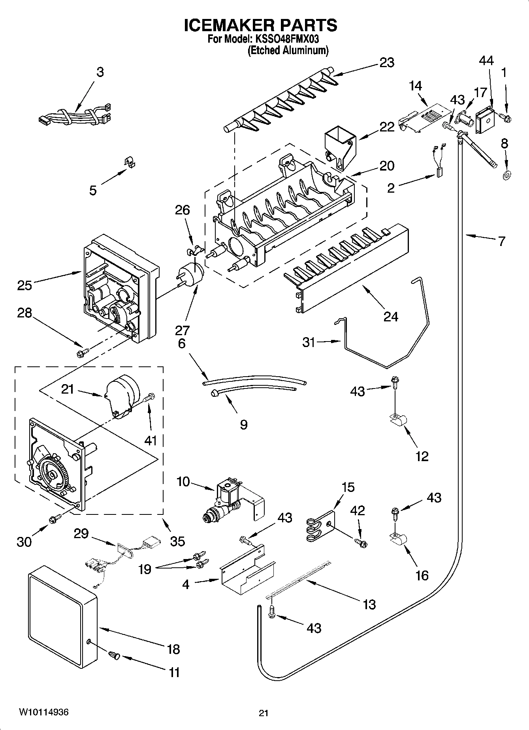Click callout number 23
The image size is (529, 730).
(x=387, y=63)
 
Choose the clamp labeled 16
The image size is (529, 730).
(x=397, y=538)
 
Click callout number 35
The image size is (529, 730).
(x=177, y=541)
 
